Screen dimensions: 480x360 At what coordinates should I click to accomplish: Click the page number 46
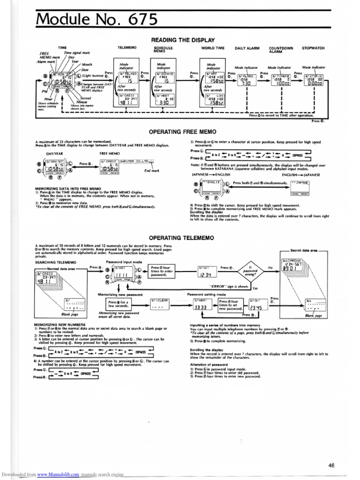pyautogui.click(x=331, y=465)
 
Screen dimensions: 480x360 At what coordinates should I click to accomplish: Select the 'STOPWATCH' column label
pyautogui.click(x=313, y=48)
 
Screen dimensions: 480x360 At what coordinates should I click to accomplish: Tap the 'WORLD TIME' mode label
pyautogui.click(x=213, y=48)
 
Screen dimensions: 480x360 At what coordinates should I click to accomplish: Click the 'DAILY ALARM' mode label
pyautogui.click(x=247, y=48)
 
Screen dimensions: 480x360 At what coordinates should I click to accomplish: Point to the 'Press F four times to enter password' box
pyautogui.click(x=162, y=271)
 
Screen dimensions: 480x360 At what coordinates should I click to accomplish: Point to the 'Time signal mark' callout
pyautogui.click(x=77, y=53)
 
